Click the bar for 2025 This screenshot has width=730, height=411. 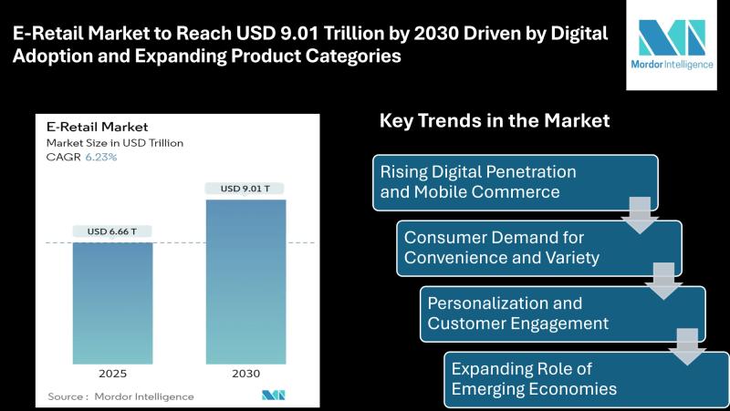(x=112, y=303)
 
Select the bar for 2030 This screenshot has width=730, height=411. (x=245, y=282)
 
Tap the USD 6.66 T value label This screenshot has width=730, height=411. (x=112, y=231)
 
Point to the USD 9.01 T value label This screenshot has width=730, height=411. (x=245, y=189)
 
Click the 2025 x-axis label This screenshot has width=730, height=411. (x=112, y=374)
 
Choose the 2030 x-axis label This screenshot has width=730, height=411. (x=245, y=374)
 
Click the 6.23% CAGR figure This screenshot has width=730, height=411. (x=101, y=157)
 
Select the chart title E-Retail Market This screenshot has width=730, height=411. (x=98, y=127)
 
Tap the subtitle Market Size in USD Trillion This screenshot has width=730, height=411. (x=115, y=143)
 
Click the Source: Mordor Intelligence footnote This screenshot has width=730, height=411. (x=120, y=396)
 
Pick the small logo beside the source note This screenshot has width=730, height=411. (x=273, y=396)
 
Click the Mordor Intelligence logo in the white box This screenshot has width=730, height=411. (x=672, y=44)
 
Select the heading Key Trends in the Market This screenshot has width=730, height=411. (x=495, y=121)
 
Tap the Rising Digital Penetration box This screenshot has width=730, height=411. (x=516, y=182)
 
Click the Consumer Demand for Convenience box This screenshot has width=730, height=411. (x=539, y=248)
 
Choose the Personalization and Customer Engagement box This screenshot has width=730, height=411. (x=563, y=313)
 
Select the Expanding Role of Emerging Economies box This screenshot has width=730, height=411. (x=587, y=380)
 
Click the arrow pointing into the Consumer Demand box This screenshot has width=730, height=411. (x=640, y=215)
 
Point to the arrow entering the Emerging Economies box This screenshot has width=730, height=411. (x=687, y=347)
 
